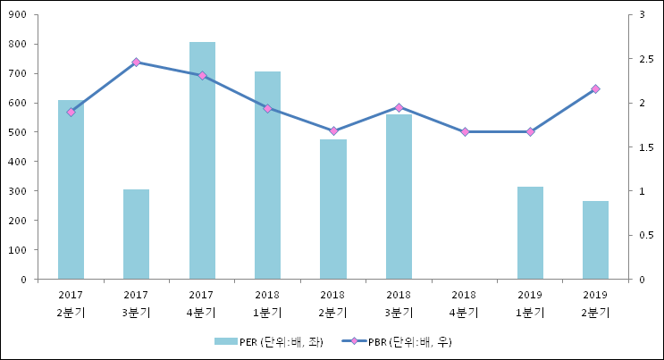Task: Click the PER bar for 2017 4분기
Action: (x=202, y=161)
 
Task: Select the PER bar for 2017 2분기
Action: (x=71, y=189)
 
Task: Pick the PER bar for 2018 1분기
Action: (x=267, y=175)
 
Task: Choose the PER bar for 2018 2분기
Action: (x=333, y=209)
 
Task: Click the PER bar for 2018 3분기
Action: (x=399, y=197)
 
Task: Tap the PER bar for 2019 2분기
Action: (x=595, y=239)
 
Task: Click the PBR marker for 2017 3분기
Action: (x=136, y=63)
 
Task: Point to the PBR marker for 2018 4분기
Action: (x=465, y=131)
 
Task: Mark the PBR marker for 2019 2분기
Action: (x=595, y=89)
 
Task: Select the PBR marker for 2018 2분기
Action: (x=333, y=131)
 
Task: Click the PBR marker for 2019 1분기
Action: (x=530, y=131)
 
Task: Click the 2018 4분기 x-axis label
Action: (x=465, y=304)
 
